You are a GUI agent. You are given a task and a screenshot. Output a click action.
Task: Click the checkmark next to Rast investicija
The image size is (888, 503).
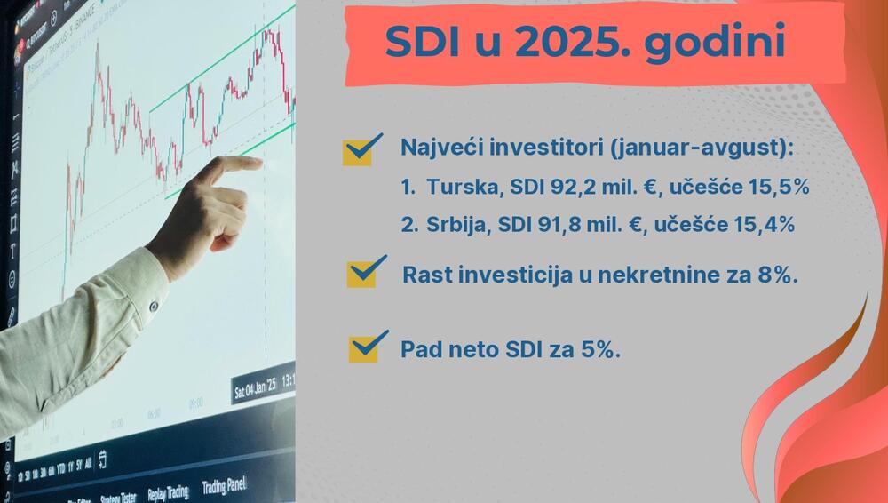tap(366, 272)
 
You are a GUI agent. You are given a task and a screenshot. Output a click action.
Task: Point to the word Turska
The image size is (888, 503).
tap(456, 188)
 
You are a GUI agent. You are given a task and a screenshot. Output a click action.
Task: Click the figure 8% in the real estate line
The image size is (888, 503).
tap(774, 275)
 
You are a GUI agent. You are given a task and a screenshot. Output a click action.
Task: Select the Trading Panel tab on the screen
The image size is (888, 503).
tap(224, 486)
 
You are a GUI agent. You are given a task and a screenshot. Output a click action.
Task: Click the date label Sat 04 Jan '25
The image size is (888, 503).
tap(255, 387)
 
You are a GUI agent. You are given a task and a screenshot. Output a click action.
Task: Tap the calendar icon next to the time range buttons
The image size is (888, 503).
tap(103, 459)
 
